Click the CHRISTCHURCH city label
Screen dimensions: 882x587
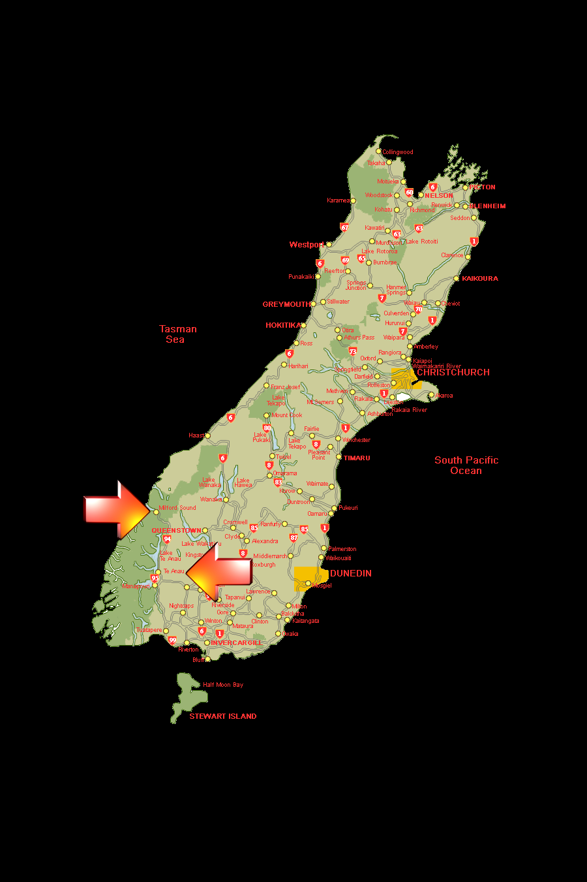click(x=453, y=372)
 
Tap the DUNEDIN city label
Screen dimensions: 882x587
click(x=351, y=573)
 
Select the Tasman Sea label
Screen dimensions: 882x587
click(x=177, y=334)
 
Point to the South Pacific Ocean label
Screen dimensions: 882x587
click(x=466, y=465)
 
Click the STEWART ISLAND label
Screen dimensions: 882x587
click(x=223, y=716)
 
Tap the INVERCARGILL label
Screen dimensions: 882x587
click(x=236, y=643)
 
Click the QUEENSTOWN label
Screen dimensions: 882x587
click(x=176, y=531)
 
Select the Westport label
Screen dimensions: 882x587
click(x=306, y=245)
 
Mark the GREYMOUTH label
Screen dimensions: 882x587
click(x=286, y=304)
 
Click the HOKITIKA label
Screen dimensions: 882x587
click(x=283, y=325)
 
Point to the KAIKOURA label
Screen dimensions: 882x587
click(x=480, y=279)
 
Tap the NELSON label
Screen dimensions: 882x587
click(x=439, y=195)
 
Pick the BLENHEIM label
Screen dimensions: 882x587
click(x=488, y=206)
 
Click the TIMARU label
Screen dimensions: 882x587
click(x=357, y=458)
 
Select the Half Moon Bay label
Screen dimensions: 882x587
click(x=223, y=685)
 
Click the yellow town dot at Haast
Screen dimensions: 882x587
click(x=207, y=435)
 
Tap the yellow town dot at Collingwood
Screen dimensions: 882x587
click(x=378, y=151)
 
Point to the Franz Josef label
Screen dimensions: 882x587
click(x=286, y=387)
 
